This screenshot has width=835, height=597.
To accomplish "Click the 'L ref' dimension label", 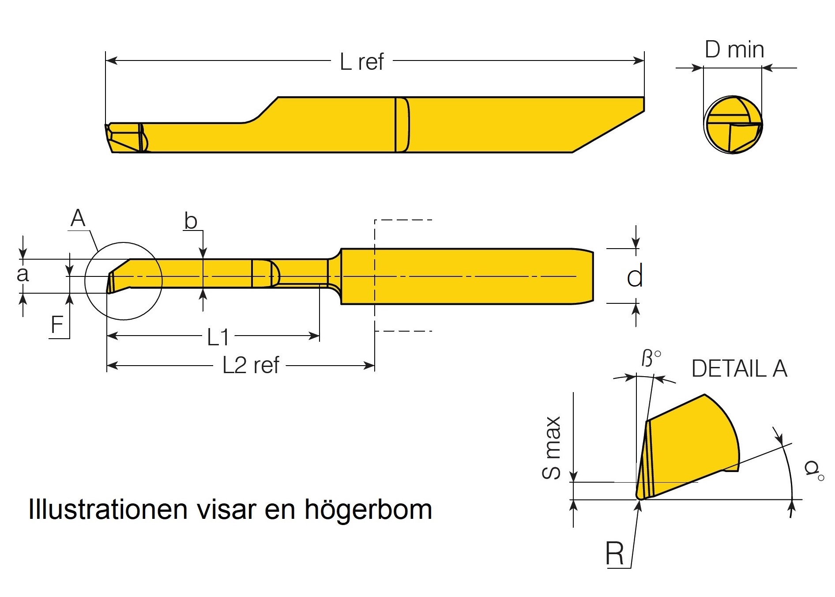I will pyautogui.click(x=361, y=62).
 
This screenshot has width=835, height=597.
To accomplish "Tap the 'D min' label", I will pyautogui.click(x=734, y=49).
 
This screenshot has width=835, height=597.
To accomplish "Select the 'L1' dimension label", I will pyautogui.click(x=218, y=338).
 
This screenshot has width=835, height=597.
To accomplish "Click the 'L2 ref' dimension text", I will pyautogui.click(x=251, y=366).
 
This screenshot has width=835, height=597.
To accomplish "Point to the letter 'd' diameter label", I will pyautogui.click(x=635, y=277).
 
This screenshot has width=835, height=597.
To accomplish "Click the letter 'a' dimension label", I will pyautogui.click(x=23, y=274).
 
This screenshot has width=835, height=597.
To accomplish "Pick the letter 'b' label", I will pyautogui.click(x=191, y=220).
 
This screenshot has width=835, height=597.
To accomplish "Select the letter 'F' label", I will pyautogui.click(x=57, y=325).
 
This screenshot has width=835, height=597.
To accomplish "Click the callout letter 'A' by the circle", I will pyautogui.click(x=78, y=218).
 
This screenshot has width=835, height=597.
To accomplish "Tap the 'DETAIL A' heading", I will pyautogui.click(x=739, y=369).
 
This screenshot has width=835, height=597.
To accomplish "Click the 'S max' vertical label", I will pyautogui.click(x=552, y=448).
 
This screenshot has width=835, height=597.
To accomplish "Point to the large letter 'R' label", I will pyautogui.click(x=615, y=553).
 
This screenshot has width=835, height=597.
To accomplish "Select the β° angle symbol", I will pyautogui.click(x=650, y=359).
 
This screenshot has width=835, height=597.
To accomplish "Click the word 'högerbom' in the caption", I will pyautogui.click(x=368, y=510).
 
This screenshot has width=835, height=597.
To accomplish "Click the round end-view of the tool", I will pyautogui.click(x=733, y=125).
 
